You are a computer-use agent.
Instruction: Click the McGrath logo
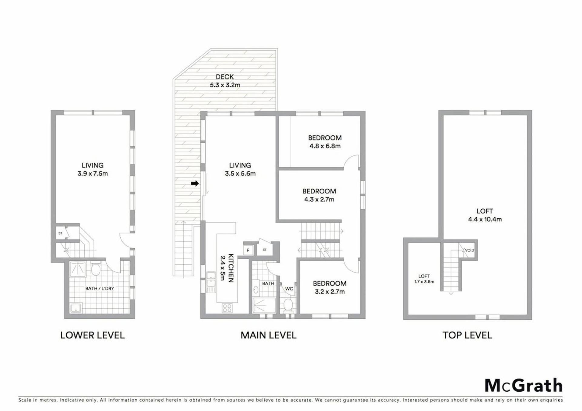pyautogui.click(x=523, y=386)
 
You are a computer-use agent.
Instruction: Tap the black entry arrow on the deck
pyautogui.click(x=195, y=183)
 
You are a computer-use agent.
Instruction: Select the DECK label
pyautogui.click(x=225, y=77)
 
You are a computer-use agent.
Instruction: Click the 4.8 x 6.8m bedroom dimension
pyautogui.click(x=325, y=146)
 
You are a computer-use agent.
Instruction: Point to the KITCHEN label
pyautogui.click(x=231, y=268)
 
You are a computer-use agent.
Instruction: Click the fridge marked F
pyautogui.click(x=248, y=250)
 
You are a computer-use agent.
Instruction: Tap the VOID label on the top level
pyautogui.click(x=470, y=250)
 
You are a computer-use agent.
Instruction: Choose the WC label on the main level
pyautogui.click(x=289, y=289)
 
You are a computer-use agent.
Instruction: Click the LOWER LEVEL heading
pyautogui.click(x=92, y=335)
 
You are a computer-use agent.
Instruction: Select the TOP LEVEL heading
pyautogui.click(x=467, y=335)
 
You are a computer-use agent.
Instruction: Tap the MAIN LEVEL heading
pyautogui.click(x=269, y=335)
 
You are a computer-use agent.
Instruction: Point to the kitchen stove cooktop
pyautogui.click(x=227, y=308)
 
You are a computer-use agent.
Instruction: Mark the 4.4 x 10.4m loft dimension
pyautogui.click(x=485, y=219)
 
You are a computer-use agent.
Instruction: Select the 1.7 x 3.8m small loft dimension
pyautogui.click(x=424, y=282)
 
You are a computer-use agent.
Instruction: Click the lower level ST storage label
pyautogui.click(x=60, y=233)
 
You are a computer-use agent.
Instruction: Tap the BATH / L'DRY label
pyautogui.click(x=99, y=288)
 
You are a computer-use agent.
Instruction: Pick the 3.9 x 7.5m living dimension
pyautogui.click(x=92, y=174)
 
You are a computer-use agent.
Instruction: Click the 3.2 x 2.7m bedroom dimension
pyautogui.click(x=329, y=292)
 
